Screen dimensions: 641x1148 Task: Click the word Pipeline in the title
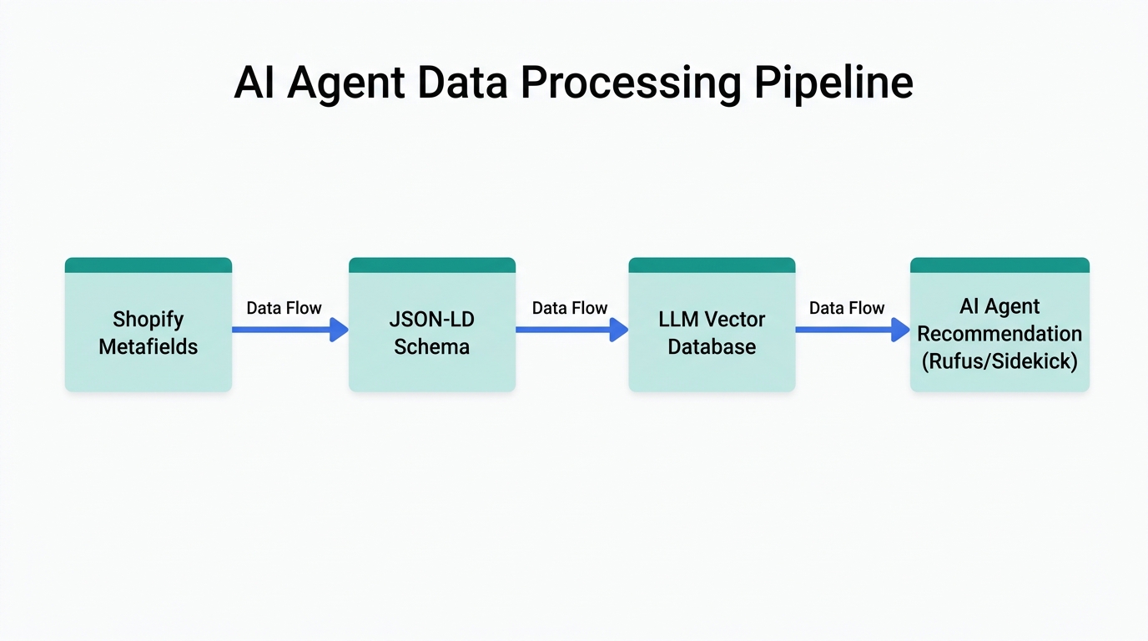tap(833, 83)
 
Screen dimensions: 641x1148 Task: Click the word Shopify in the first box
tap(149, 319)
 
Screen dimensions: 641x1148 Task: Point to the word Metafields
tap(149, 346)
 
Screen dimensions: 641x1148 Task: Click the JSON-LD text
tap(431, 319)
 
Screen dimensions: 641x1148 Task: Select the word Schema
tap(431, 346)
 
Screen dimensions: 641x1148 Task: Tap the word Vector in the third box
tap(735, 319)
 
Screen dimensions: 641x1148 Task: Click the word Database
tap(712, 346)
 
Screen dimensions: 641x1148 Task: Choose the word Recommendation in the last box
tap(999, 334)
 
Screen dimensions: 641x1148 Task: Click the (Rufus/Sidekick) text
tap(999, 361)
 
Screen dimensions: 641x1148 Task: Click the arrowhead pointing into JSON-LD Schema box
tap(339, 330)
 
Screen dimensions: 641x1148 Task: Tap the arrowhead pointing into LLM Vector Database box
tap(618, 330)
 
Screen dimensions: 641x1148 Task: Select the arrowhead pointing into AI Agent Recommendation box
tap(900, 330)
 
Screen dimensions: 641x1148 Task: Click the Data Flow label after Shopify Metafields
tap(284, 308)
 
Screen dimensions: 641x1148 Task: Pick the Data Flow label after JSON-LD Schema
tap(570, 308)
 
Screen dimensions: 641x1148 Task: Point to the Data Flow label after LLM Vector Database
tap(847, 308)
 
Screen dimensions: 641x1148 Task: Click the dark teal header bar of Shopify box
tap(149, 265)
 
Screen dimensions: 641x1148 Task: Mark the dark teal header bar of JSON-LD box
tap(431, 265)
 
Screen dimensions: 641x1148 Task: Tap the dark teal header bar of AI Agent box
tap(999, 265)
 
